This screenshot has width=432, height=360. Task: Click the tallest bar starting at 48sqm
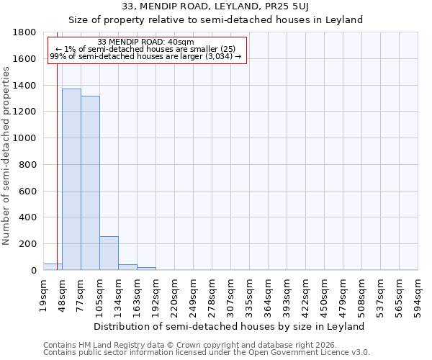tap(71, 179)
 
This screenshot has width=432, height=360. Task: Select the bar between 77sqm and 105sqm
tap(90, 183)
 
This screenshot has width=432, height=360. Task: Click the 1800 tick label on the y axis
tap(25, 32)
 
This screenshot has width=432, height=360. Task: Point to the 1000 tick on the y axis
tap(25, 138)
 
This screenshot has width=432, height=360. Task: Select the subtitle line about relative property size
tap(215, 19)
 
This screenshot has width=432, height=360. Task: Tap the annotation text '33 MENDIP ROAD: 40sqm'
tap(145, 42)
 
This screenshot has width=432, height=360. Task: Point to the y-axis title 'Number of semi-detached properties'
tap(6, 151)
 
